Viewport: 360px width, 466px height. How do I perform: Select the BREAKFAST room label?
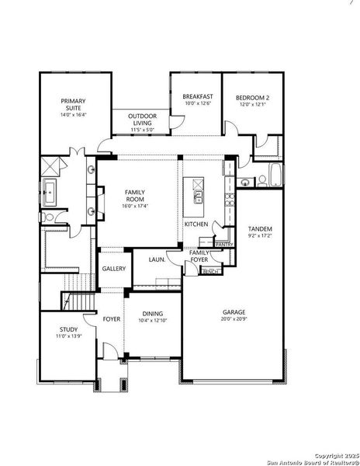click(197, 98)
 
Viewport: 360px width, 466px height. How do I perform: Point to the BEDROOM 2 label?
click(253, 98)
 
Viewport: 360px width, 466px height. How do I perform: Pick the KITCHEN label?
click(196, 224)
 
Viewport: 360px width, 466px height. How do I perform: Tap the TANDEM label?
click(260, 228)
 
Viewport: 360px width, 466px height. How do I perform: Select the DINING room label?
click(152, 314)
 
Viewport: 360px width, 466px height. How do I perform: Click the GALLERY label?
click(114, 269)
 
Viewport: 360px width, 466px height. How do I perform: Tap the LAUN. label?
click(157, 259)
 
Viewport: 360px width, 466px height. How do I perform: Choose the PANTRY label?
click(224, 245)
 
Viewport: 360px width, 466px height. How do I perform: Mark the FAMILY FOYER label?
click(200, 256)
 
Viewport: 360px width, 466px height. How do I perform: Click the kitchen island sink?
click(198, 196)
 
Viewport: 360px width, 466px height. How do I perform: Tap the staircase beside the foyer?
click(77, 301)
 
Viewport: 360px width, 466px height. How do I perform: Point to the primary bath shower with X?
click(51, 165)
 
